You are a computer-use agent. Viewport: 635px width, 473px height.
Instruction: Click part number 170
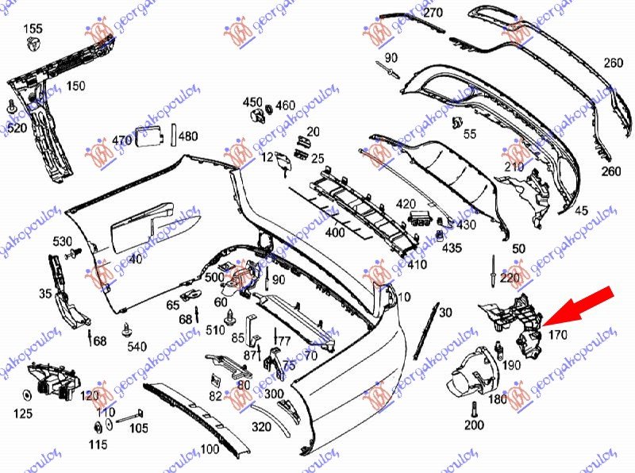click(x=558, y=336)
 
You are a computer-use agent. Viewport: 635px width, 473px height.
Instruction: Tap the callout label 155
click(x=33, y=29)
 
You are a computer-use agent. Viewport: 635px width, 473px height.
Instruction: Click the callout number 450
click(x=252, y=102)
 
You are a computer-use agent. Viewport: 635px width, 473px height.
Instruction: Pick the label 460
click(x=285, y=106)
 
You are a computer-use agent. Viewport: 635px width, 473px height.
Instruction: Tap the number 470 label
click(x=121, y=140)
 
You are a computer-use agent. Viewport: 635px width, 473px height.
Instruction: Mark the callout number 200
click(x=474, y=426)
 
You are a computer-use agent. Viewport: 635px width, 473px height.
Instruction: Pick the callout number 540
click(x=137, y=346)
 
